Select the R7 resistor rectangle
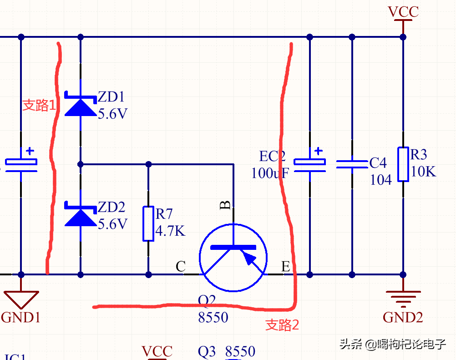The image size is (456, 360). click(x=148, y=223)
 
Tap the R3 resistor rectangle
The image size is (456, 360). click(x=403, y=164)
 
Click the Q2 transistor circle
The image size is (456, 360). click(x=233, y=258)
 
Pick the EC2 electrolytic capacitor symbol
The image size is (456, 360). click(x=309, y=164)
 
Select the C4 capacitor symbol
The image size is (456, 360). click(x=352, y=164)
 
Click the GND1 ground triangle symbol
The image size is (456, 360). click(x=21, y=299)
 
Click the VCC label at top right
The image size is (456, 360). click(x=403, y=12)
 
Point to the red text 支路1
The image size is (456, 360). click(x=39, y=106)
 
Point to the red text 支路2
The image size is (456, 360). click(x=282, y=325)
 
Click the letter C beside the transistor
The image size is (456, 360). click(x=181, y=267)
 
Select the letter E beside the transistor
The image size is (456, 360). click(x=285, y=267)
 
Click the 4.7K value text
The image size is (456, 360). click(x=170, y=231)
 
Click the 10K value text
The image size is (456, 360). click(x=423, y=172)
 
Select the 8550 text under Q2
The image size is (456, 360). click(x=213, y=317)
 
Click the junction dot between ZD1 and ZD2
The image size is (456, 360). click(x=81, y=164)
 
